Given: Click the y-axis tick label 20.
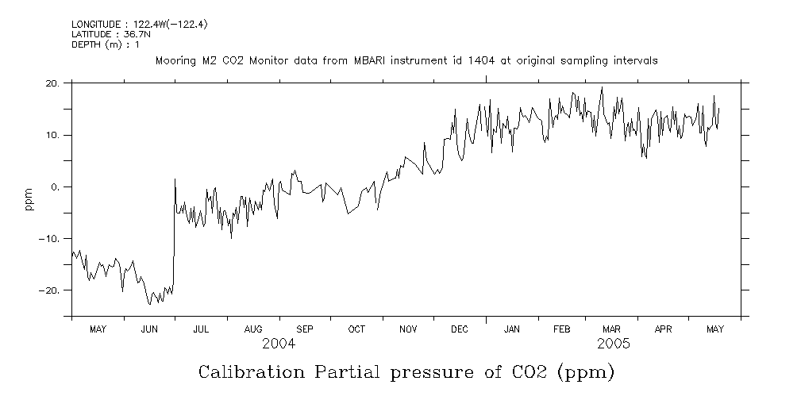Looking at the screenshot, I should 52,83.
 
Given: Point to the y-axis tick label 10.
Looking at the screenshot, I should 52,135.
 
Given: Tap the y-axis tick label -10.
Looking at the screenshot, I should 50,238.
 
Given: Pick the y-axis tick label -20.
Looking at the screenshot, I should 50,290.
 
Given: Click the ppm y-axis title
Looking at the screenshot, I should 29,199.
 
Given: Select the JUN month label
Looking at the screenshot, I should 149,329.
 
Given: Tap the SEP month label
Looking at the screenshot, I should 305,329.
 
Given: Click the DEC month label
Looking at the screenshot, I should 460,329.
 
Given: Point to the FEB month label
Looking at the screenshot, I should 562,329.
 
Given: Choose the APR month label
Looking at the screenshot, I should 664,329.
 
